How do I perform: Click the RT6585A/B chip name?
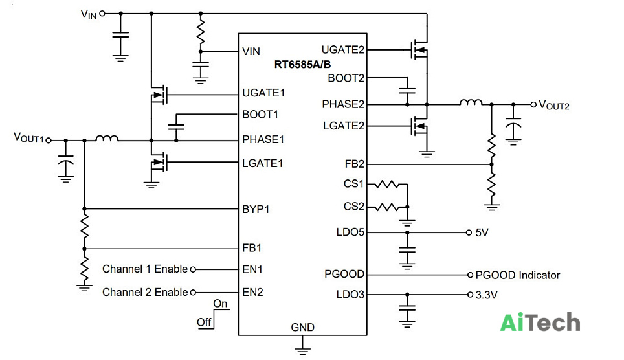click(x=302, y=65)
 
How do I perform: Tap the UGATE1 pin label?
click(x=263, y=93)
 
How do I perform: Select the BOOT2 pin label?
click(x=346, y=78)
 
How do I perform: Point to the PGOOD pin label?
click(x=344, y=274)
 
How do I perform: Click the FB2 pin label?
click(x=355, y=164)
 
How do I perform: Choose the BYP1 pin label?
click(x=256, y=209)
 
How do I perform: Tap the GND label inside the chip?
click(x=302, y=328)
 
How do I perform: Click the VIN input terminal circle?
click(x=102, y=14)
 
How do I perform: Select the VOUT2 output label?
click(x=554, y=105)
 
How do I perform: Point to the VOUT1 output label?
click(x=28, y=138)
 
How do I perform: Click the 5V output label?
click(x=482, y=232)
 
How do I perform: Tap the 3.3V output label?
click(x=486, y=295)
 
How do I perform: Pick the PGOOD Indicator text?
click(x=517, y=275)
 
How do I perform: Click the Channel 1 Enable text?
click(x=145, y=269)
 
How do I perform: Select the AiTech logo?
click(x=540, y=322)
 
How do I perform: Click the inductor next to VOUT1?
click(x=107, y=138)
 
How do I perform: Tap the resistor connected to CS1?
click(x=387, y=185)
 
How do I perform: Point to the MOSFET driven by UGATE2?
click(x=419, y=49)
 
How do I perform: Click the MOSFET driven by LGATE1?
click(x=159, y=162)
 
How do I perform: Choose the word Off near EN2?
click(x=204, y=322)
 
